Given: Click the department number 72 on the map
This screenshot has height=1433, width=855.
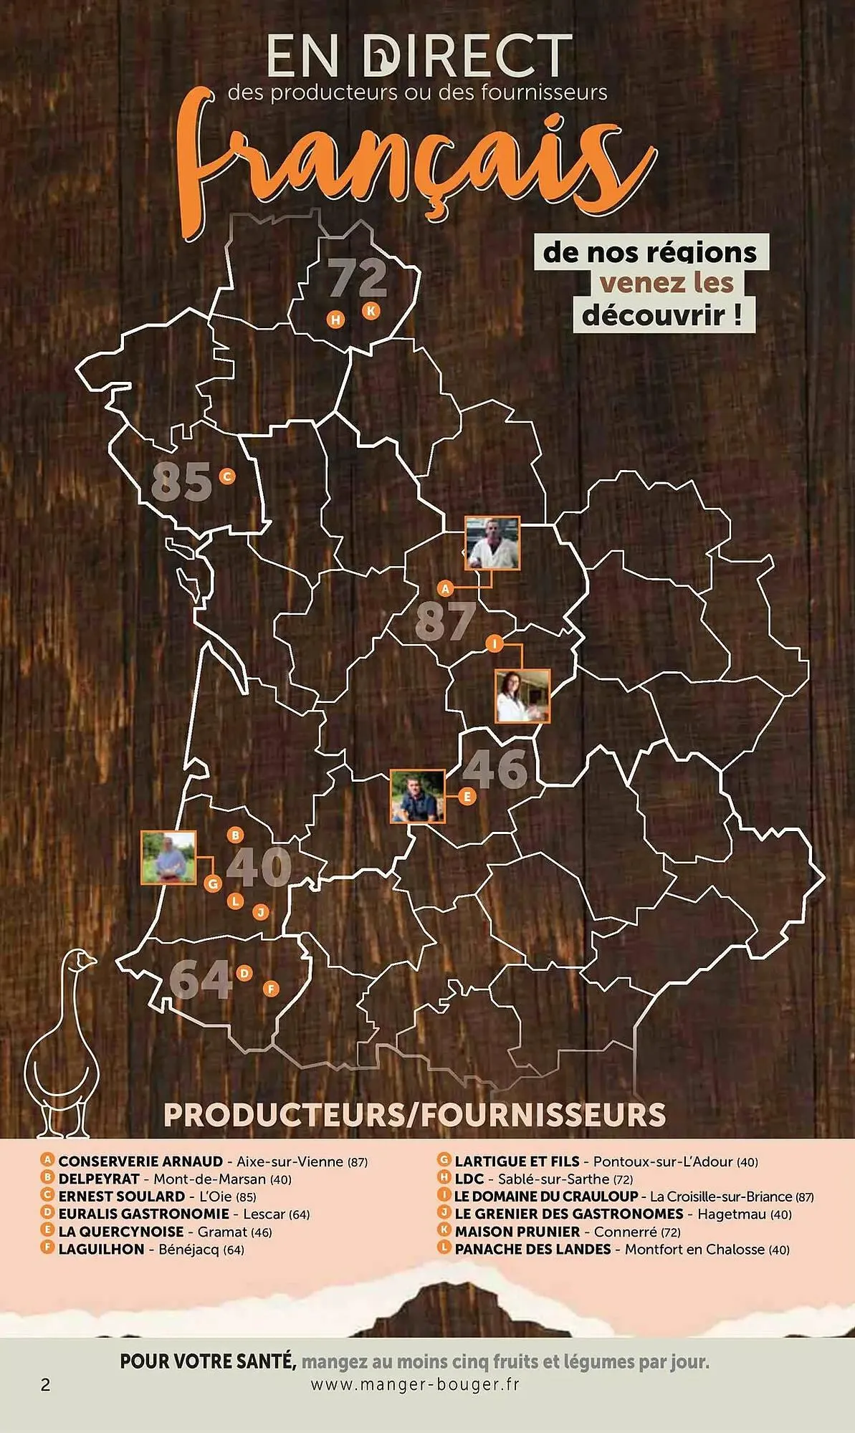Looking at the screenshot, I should pos(358,278).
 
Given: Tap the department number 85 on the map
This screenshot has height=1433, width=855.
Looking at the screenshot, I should pos(182,481).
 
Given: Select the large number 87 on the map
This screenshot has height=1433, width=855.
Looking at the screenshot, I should pos(445,620).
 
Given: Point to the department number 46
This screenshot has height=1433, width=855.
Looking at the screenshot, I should pos(495,768).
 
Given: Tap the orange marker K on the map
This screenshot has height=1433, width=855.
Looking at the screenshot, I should pos(371,311).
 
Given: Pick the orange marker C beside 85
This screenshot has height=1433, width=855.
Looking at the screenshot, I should pos(227,476).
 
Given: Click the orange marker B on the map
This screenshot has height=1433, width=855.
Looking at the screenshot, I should pos(235,835).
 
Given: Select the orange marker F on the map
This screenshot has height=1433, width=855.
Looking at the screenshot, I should pos(270,989).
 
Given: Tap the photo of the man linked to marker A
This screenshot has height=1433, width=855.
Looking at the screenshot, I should pos(492,542).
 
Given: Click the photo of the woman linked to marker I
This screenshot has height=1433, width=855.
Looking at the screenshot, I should pos(522,696).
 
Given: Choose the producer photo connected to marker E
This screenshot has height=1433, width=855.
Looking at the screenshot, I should pos(417,796).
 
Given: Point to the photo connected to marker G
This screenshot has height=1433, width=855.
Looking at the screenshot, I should pos(168,858).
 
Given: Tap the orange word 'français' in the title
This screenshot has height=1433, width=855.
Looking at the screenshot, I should pos(416,165).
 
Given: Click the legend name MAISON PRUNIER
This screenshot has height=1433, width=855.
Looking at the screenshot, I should pos(517,1232).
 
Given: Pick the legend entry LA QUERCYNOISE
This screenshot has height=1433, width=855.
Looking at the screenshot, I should pos(120,1232).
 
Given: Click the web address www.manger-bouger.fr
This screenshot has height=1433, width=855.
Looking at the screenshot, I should pos(415,1385).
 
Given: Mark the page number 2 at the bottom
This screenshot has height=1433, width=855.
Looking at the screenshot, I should pos(46,1385).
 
